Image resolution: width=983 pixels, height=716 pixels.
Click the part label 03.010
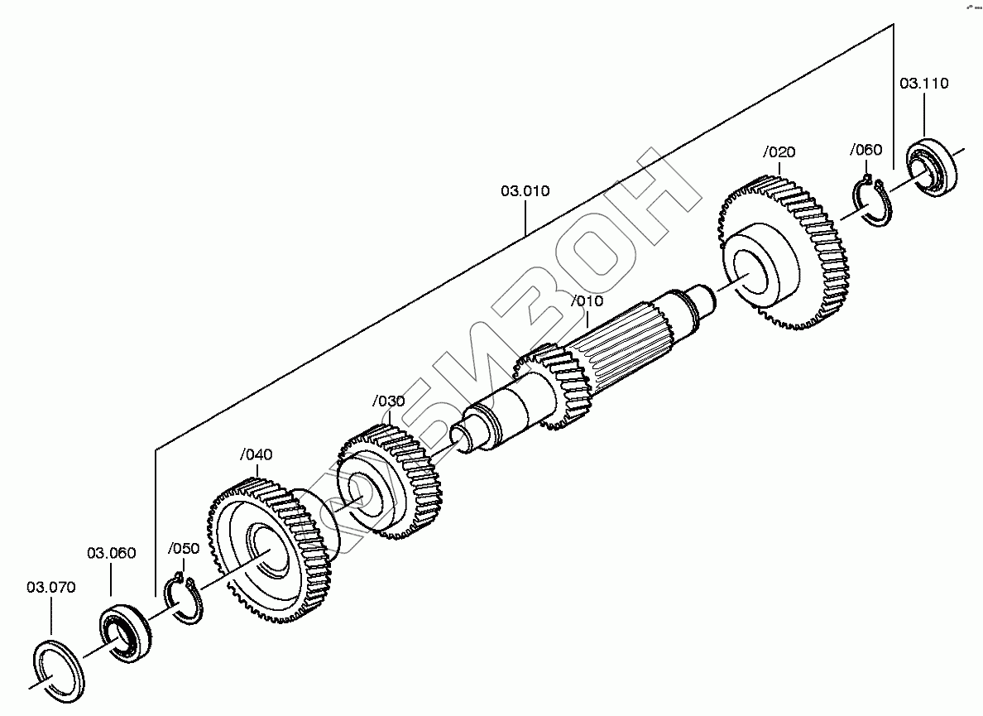tap(525, 190)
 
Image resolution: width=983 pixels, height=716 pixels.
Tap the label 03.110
tap(924, 84)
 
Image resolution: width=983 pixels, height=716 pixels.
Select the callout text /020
tap(779, 152)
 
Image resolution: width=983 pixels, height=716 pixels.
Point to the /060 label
tap(866, 150)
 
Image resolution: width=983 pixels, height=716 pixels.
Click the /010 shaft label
tap(587, 301)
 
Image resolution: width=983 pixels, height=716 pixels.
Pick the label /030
tap(389, 401)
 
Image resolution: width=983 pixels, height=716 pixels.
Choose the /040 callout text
tap(257, 454)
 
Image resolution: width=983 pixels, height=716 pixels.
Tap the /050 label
tap(184, 549)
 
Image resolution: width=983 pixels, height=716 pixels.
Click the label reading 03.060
tap(111, 553)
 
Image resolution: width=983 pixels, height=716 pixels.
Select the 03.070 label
tap(50, 588)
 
